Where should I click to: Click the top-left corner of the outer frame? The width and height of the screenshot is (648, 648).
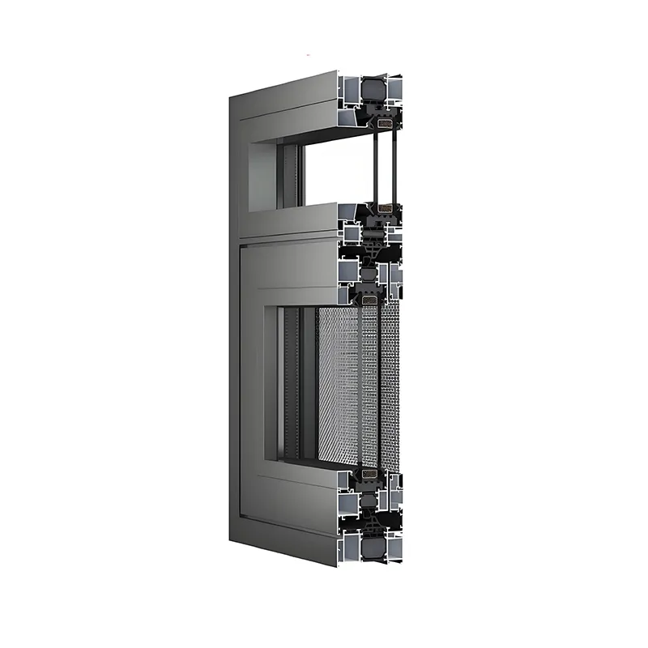[x=231, y=96]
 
